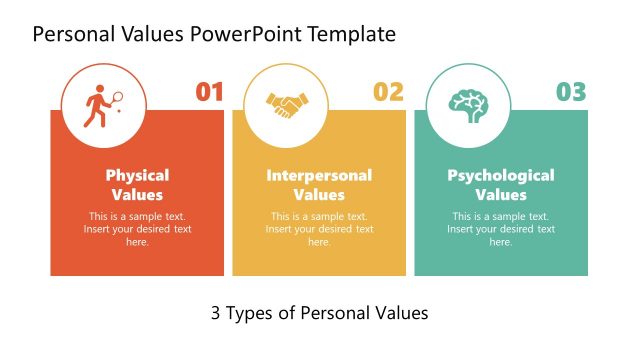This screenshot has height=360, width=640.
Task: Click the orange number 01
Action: coord(209,93)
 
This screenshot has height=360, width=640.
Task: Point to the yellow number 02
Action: coord(388,93)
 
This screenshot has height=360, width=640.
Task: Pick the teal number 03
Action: coord(571,93)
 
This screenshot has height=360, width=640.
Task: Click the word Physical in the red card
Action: coord(137,175)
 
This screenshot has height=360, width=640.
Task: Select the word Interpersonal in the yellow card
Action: coord(319,175)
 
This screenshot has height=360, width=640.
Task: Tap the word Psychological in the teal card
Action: coord(500,175)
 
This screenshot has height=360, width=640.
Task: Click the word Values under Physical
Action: coord(137,195)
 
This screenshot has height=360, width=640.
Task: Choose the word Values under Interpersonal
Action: coord(319,195)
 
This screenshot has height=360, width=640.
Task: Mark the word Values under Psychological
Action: coord(500,195)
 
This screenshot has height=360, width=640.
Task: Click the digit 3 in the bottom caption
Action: coord(216,313)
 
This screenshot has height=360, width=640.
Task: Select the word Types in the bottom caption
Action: coord(253,314)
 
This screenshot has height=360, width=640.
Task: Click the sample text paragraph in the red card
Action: coord(137,229)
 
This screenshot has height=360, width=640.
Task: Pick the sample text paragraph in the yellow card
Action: coord(319,229)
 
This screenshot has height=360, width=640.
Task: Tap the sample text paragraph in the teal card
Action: coord(500,229)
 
